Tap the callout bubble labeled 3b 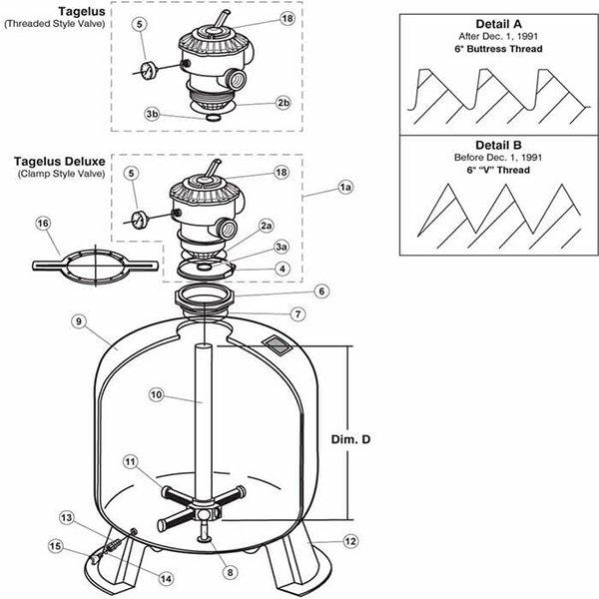pos(153,115)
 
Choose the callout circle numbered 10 pos(156,395)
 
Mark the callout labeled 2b pos(284,102)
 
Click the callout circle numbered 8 pos(231,572)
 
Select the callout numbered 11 pos(131,461)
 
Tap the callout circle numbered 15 pos(54,545)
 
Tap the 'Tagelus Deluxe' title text pos(54,160)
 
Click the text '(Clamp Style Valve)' pos(55,174)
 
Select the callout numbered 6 pos(319,291)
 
